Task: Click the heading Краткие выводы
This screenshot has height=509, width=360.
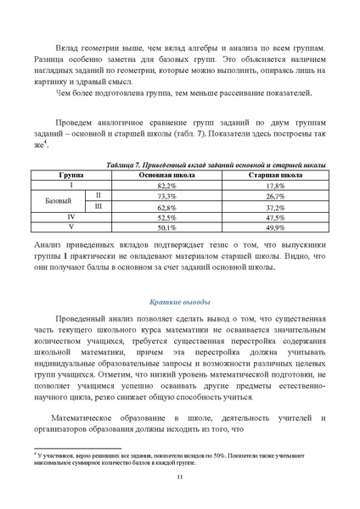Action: pyautogui.click(x=179, y=302)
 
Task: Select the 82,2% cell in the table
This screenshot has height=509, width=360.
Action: pyautogui.click(x=166, y=185)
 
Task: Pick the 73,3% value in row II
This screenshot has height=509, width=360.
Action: pyautogui.click(x=166, y=196)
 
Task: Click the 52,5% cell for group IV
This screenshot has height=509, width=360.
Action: pyautogui.click(x=166, y=217)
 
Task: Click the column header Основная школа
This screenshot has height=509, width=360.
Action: pyautogui.click(x=166, y=175)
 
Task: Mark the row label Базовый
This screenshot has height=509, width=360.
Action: pyautogui.click(x=59, y=201)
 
